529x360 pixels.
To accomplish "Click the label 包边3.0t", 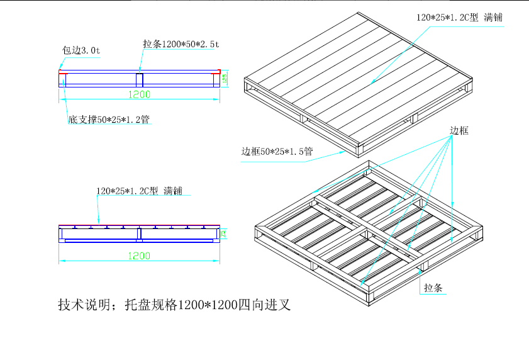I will [x=81, y=50].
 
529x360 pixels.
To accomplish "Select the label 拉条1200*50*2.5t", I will [x=181, y=44].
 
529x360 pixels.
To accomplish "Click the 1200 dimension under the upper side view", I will [x=140, y=94].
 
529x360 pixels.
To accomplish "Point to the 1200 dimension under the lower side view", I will [x=140, y=256].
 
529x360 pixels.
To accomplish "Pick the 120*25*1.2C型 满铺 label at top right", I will [x=459, y=18].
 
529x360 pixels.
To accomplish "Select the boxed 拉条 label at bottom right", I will [x=433, y=288].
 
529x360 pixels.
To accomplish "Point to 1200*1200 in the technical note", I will [x=208, y=306].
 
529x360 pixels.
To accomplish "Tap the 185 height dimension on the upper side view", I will [x=224, y=79].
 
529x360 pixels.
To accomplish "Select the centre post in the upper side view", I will [x=140, y=79].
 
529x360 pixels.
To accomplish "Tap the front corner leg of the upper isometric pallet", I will [x=359, y=150].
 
